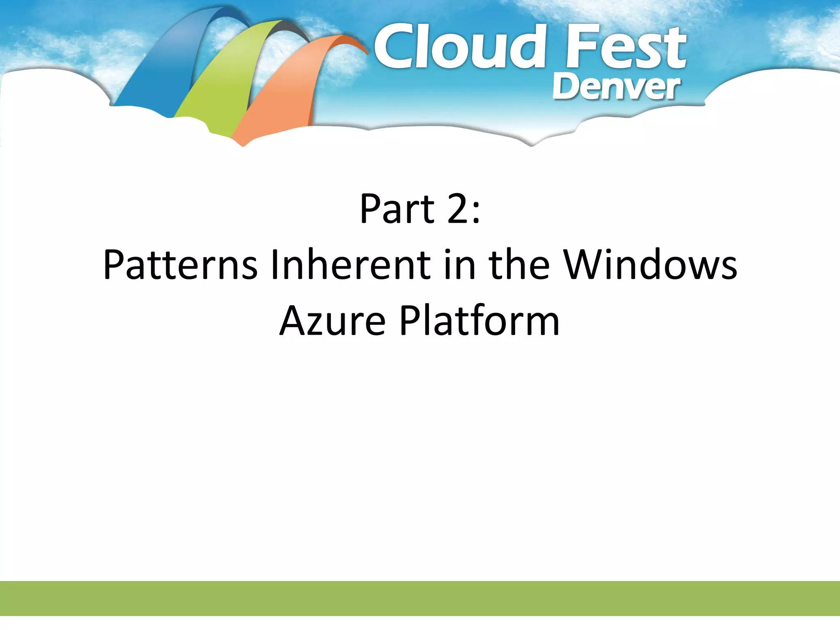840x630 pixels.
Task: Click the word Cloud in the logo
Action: click(459, 47)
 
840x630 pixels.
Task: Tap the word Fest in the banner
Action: click(625, 47)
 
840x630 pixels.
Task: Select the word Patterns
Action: click(180, 265)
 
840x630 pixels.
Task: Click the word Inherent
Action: click(351, 265)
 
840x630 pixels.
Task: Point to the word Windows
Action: click(650, 265)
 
